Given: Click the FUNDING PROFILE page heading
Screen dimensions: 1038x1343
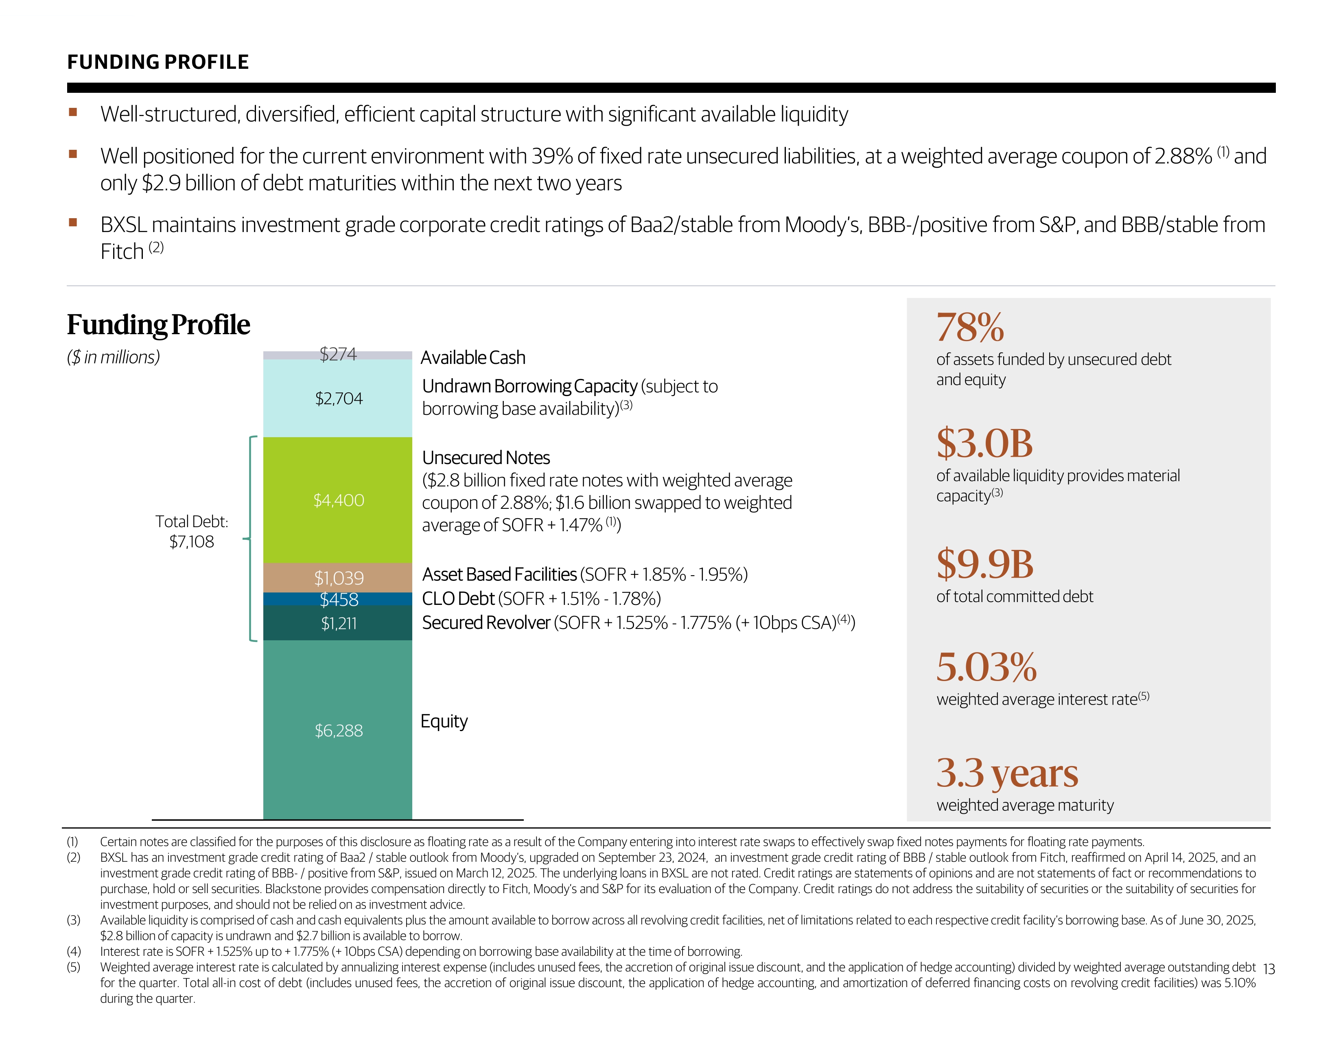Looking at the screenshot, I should [x=157, y=62].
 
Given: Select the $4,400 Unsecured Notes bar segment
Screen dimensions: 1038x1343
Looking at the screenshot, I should [x=338, y=499].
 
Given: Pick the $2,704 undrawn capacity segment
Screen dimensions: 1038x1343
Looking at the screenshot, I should [x=338, y=399].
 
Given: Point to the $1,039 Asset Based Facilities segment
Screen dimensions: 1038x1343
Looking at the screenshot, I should [x=338, y=578].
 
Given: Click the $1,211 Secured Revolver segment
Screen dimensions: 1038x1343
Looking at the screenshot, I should [x=338, y=623].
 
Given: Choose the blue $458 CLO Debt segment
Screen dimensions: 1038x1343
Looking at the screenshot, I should [x=338, y=599].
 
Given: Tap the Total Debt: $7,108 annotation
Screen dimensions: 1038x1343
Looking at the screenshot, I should [x=191, y=531].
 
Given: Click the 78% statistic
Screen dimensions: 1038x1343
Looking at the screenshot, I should [x=970, y=327].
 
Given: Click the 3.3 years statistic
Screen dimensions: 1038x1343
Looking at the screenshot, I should [x=1006, y=773].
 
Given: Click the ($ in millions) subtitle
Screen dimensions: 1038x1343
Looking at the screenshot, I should [x=113, y=357].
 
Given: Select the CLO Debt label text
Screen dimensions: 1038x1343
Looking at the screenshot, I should [x=458, y=598].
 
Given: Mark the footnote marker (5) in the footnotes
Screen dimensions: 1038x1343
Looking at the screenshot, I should [x=73, y=967].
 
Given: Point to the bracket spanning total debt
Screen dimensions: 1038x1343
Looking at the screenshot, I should [x=251, y=539].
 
